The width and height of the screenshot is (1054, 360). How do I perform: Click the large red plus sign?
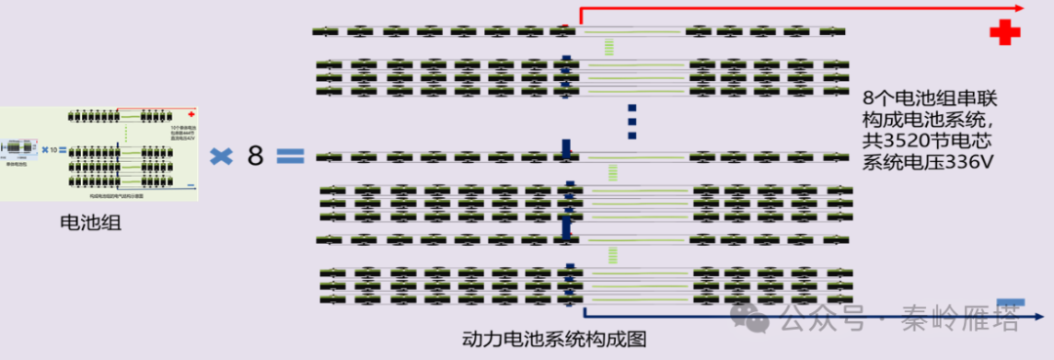click(1004, 32)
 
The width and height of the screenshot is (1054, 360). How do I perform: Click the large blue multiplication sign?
click(222, 155)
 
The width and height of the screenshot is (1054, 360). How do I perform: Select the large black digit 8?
click(255, 154)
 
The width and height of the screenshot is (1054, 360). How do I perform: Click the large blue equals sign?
click(290, 155)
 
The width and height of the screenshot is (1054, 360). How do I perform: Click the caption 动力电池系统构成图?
click(554, 340)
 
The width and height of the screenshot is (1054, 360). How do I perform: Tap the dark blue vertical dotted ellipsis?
click(631, 120)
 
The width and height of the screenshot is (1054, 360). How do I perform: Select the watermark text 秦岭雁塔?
click(976, 318)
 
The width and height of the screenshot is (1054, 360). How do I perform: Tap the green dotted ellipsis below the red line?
click(610, 47)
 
